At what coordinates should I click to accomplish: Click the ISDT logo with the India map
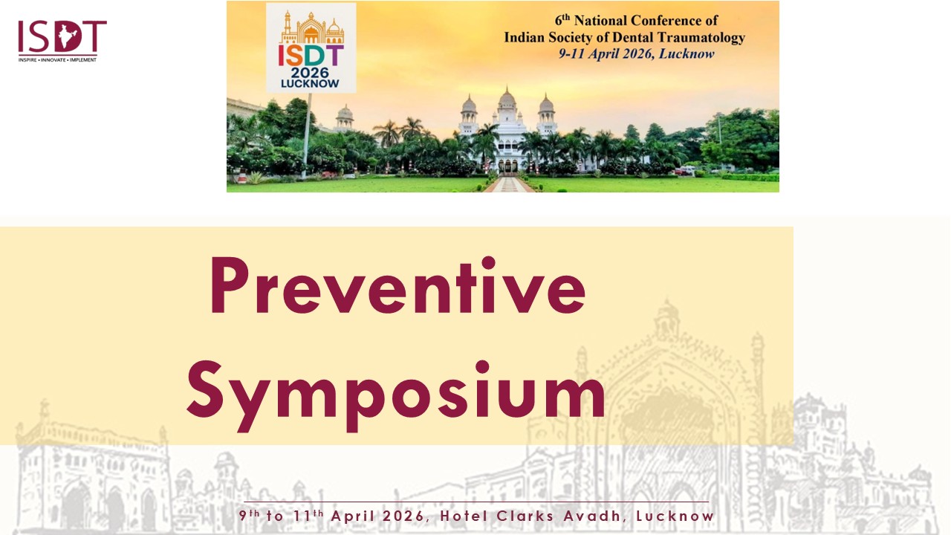coord(62,41)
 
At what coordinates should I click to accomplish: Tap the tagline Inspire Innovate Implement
coord(57,60)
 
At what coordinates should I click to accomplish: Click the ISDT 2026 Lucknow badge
coord(311,48)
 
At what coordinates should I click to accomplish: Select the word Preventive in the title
coord(398,285)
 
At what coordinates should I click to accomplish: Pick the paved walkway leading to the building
coord(509,184)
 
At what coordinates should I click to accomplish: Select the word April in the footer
coord(353,516)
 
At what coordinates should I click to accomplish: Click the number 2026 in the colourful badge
coord(310,73)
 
